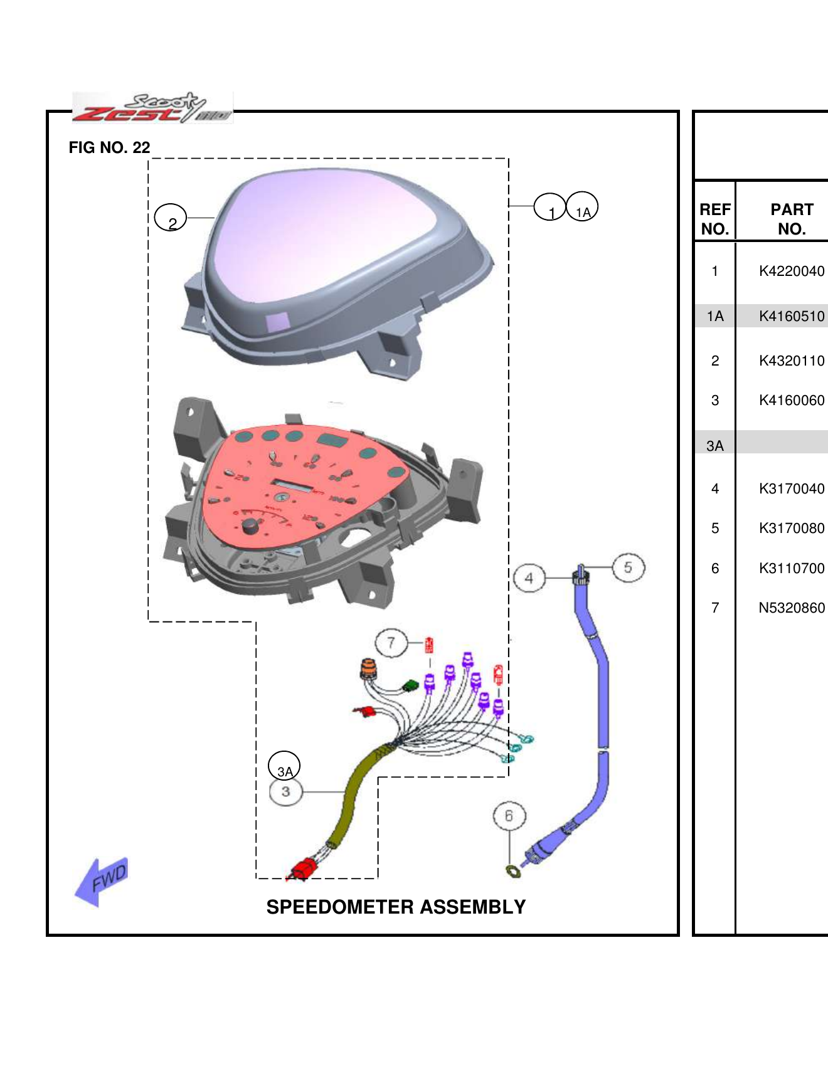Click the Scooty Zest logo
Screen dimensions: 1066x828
click(x=152, y=108)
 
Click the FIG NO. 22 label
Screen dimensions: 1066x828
click(x=109, y=147)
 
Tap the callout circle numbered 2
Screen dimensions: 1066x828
click(x=171, y=218)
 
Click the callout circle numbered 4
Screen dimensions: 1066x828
click(x=529, y=578)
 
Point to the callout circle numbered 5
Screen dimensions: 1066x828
click(x=628, y=567)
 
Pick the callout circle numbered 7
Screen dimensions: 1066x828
click(x=391, y=643)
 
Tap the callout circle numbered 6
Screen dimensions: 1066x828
click(x=509, y=816)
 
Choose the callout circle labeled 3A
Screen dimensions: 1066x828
click(x=284, y=766)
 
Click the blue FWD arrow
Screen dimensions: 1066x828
click(x=102, y=881)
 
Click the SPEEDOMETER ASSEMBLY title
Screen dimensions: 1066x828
click(x=396, y=907)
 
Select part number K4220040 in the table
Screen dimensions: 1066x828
click(x=791, y=271)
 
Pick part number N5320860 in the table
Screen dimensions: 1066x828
click(x=791, y=608)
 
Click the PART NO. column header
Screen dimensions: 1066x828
click(x=791, y=219)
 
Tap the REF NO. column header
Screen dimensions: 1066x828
click(x=714, y=219)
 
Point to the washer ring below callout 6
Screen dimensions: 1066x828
click(x=513, y=871)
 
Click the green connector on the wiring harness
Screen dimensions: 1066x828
click(x=411, y=685)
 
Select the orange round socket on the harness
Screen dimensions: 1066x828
click(x=368, y=668)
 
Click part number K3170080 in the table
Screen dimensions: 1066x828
click(x=791, y=528)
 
